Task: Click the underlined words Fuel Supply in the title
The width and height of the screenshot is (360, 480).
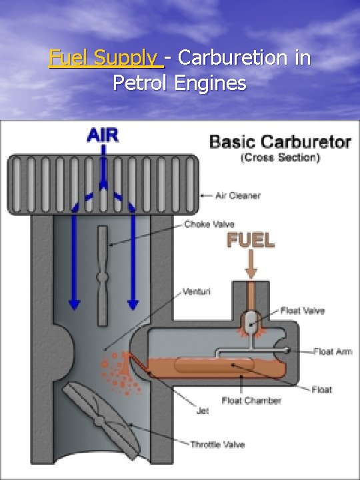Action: tap(105, 58)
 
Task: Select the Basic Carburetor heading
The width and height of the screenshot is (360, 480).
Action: tap(280, 141)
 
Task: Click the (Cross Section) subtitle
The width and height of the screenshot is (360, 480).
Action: tap(280, 158)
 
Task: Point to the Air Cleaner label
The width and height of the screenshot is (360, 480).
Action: tap(238, 196)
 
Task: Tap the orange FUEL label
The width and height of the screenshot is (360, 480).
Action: tap(251, 241)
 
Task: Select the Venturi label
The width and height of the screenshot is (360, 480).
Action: tap(198, 292)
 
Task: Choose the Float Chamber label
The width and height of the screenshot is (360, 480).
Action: tap(251, 400)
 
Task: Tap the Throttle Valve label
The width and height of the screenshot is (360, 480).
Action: tap(217, 444)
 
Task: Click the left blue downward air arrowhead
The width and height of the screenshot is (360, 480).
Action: tap(74, 303)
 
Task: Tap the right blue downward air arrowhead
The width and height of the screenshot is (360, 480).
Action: tap(133, 303)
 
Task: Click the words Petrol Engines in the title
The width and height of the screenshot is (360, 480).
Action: tap(179, 83)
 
